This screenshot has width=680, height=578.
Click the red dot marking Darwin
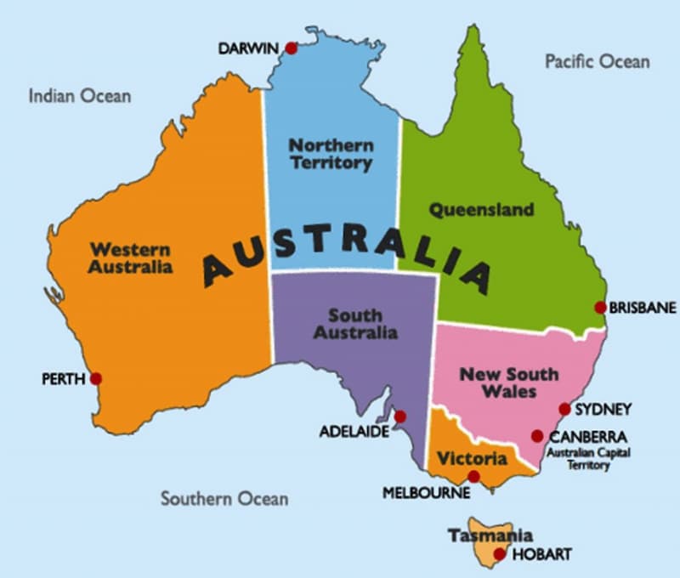pos(292,48)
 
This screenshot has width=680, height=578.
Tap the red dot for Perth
pos(96,378)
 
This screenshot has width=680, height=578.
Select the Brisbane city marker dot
pos(600,307)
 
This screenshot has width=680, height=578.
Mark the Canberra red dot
pos(537,436)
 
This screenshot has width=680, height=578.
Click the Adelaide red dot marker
pos(399,416)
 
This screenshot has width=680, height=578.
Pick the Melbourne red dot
pos(473,477)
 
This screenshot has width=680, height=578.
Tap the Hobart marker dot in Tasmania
pos(500,554)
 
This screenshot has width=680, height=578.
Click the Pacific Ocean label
pos(597,61)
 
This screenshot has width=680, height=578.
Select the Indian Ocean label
pos(80,95)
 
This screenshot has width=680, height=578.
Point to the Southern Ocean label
pos(224,499)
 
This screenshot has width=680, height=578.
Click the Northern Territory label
pos(331,154)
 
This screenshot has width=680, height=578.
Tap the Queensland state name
pos(481,209)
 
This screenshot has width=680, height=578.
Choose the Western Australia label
pos(131,258)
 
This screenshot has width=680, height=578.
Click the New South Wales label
pos(509,382)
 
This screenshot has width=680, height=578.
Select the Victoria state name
pos(472,459)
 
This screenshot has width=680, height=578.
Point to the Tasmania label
pos(490,535)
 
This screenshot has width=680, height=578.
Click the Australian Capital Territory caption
pos(588,459)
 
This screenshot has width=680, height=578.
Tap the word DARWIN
pos(249,49)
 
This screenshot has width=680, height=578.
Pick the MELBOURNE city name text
pos(426,492)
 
